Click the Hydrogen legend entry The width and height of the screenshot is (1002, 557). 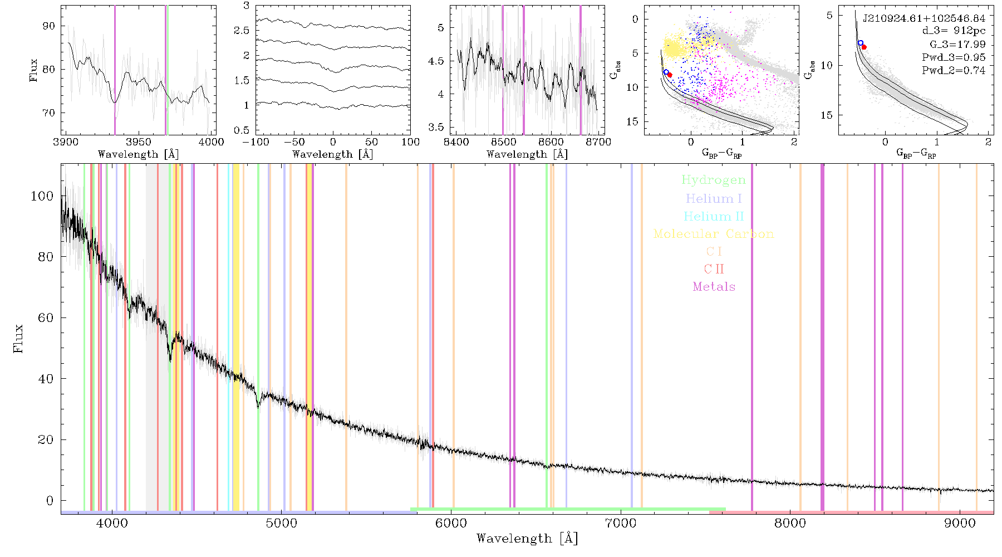(x=713, y=180)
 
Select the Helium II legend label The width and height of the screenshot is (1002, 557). (x=714, y=216)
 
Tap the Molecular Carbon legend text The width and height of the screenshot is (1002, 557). (x=714, y=234)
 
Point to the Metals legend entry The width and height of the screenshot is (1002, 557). (x=714, y=287)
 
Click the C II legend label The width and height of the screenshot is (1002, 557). (x=714, y=269)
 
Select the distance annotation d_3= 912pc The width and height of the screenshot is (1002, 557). (x=954, y=31)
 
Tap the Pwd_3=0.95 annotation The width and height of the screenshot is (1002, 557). (x=954, y=57)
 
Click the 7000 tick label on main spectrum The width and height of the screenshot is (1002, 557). (x=621, y=523)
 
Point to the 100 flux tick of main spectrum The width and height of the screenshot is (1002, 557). (x=42, y=196)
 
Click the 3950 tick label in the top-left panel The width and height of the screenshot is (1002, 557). (x=139, y=141)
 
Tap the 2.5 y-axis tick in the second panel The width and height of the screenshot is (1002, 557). (x=242, y=31)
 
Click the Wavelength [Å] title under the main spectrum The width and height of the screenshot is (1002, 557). (x=527, y=539)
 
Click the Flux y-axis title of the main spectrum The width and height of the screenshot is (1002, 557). (x=19, y=338)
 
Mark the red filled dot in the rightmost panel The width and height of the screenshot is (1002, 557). (x=864, y=47)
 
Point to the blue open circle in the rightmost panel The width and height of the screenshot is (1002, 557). (x=861, y=43)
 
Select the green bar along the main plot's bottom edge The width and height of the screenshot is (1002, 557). (x=568, y=509)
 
